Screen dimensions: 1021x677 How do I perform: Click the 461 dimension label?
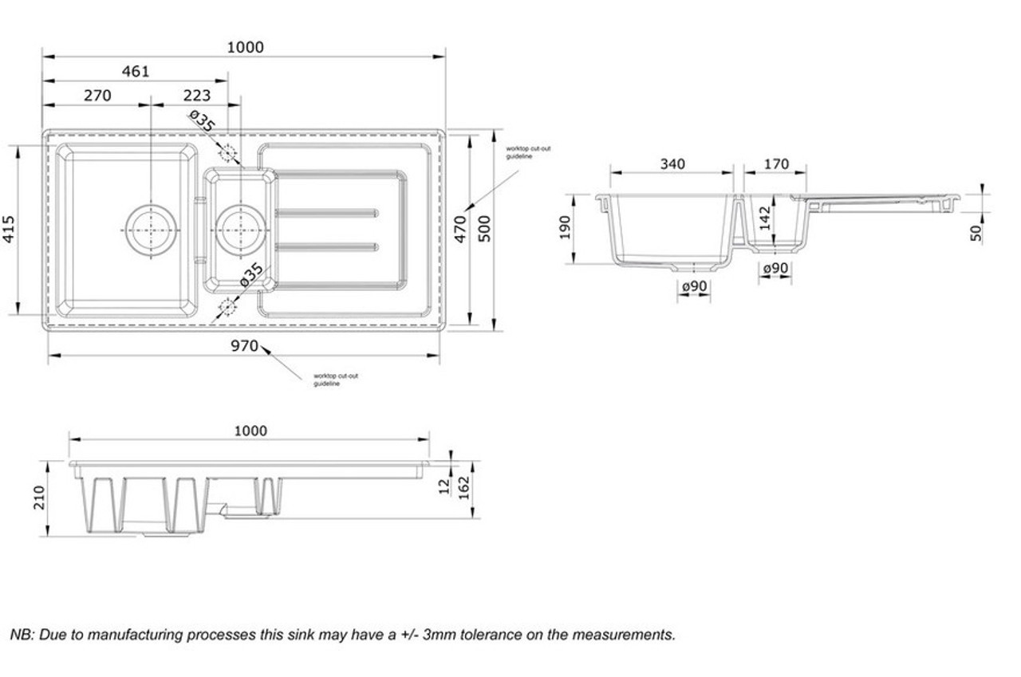[136, 72]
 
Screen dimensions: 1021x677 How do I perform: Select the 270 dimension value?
[97, 96]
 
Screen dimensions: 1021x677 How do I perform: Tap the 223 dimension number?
[197, 96]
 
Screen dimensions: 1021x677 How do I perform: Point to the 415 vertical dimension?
[9, 229]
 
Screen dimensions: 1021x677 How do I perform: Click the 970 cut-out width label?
[245, 346]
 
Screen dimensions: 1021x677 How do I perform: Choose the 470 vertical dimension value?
[460, 229]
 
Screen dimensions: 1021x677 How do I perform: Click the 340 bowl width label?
[672, 164]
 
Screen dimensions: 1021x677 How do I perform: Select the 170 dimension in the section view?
[776, 164]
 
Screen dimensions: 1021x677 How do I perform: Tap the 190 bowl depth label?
[565, 228]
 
